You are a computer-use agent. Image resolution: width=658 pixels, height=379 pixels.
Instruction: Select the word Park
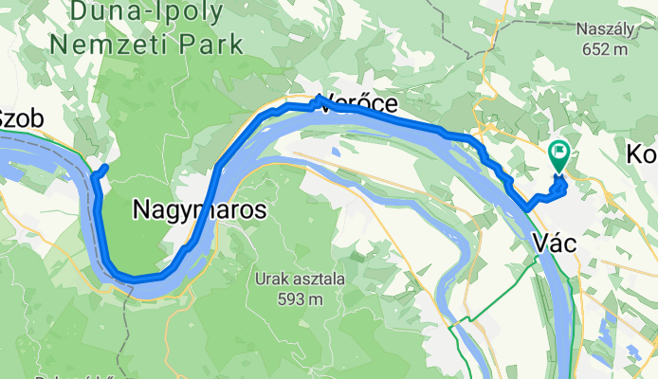tap(213, 44)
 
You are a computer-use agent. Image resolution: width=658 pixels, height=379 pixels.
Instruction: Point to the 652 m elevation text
tap(602, 49)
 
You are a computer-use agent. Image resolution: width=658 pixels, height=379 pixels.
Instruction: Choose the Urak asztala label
tap(289, 280)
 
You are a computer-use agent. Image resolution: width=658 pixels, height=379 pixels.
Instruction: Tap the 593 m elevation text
tap(289, 299)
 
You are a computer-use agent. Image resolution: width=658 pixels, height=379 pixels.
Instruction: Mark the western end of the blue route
tap(105, 168)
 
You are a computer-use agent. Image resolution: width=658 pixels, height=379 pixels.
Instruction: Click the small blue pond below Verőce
tap(335, 149)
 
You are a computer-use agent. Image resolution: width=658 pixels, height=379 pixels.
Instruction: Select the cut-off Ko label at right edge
tap(643, 153)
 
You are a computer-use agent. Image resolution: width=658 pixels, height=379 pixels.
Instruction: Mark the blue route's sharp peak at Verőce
tap(320, 98)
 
